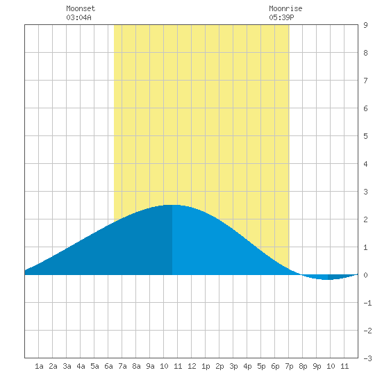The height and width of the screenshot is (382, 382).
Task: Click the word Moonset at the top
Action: [x=81, y=8]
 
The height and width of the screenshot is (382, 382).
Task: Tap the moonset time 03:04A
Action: [x=78, y=17]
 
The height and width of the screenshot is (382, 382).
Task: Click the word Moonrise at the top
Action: [x=285, y=8]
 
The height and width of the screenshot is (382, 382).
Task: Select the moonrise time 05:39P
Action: [x=281, y=17]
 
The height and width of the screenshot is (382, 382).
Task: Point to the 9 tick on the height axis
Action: [x=365, y=25]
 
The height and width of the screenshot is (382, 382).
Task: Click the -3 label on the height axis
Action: [x=367, y=358]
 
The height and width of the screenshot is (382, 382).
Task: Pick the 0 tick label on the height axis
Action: [x=365, y=275]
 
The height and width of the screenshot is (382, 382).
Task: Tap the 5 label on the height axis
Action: [x=365, y=136]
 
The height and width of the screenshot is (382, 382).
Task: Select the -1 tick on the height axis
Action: [x=367, y=303]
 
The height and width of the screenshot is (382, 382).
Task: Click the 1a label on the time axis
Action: [x=39, y=366]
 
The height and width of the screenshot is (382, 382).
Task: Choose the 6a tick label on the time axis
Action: [x=108, y=366]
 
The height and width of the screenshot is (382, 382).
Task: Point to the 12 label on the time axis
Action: [x=192, y=366]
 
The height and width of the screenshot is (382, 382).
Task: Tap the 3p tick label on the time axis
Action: [x=233, y=366]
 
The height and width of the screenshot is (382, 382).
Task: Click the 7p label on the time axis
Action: [x=289, y=366]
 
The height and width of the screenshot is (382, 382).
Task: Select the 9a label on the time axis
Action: [x=150, y=366]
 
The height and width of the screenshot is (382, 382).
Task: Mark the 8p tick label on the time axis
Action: [x=303, y=366]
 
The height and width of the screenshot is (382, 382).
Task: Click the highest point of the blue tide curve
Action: [x=172, y=205]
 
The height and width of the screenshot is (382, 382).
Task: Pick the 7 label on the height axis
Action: [x=365, y=81]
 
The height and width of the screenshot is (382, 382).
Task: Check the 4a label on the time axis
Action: [x=81, y=366]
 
